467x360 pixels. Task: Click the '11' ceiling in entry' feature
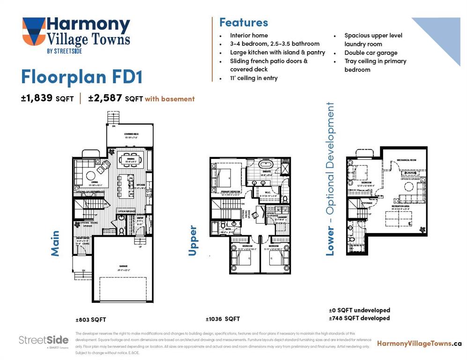click(x=253, y=78)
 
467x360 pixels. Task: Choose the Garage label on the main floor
click(x=123, y=266)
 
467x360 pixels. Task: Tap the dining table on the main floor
click(x=130, y=159)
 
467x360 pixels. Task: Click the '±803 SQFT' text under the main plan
click(x=91, y=320)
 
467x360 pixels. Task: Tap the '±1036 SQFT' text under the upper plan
click(x=222, y=319)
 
